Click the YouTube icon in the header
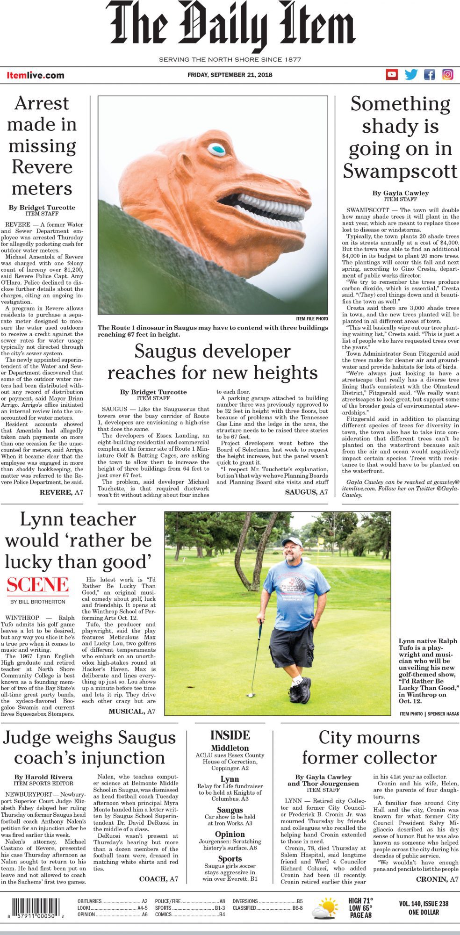click(x=391, y=74)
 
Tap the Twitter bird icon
click(x=411, y=74)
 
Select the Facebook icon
click(x=429, y=74)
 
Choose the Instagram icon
click(x=448, y=74)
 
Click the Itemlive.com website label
click(x=36, y=75)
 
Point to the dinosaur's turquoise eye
click(x=216, y=150)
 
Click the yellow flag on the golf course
click(x=321, y=540)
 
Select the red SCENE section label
click(x=37, y=585)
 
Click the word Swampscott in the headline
click(x=400, y=171)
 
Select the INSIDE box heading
click(x=230, y=735)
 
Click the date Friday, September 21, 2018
click(x=230, y=75)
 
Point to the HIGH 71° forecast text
click(x=360, y=901)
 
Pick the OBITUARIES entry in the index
click(x=89, y=901)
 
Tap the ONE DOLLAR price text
click(x=424, y=912)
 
